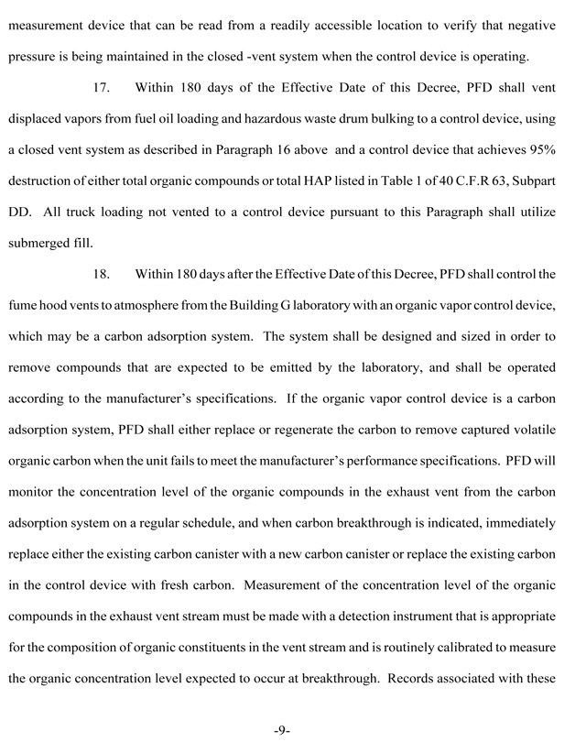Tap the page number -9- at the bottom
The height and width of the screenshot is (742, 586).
[x=282, y=729]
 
